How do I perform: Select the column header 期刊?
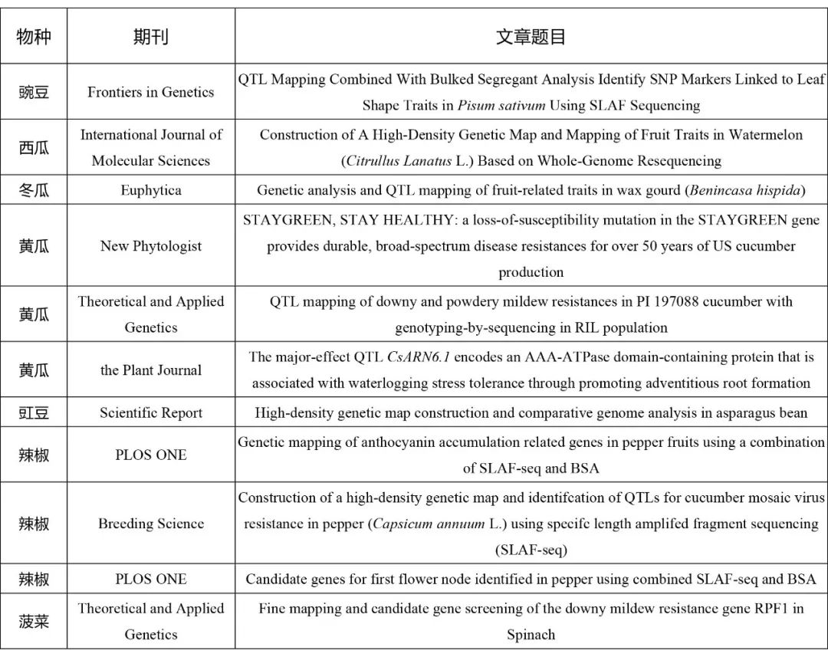pyautogui.click(x=150, y=37)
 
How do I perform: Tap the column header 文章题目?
pyautogui.click(x=531, y=37)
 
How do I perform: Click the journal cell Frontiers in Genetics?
pyautogui.click(x=150, y=92)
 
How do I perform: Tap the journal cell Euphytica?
pyautogui.click(x=150, y=190)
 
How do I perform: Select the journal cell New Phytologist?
pyautogui.click(x=150, y=246)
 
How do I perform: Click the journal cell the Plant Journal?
pyautogui.click(x=150, y=370)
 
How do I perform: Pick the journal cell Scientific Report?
pyautogui.click(x=150, y=412)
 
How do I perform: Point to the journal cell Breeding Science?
pyautogui.click(x=150, y=524)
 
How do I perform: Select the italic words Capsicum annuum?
pyautogui.click(x=419, y=524)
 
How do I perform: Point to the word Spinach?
pyautogui.click(x=531, y=635)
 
